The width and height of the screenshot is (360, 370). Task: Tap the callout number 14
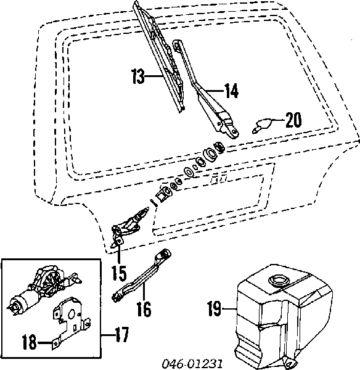pos(231,91)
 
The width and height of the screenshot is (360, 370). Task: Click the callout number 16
pos(143,308)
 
